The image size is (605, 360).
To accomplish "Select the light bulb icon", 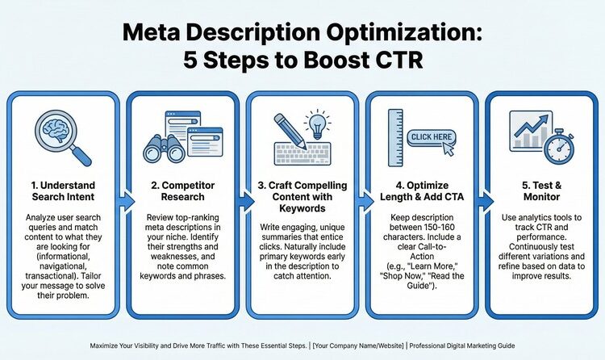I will pyautogui.click(x=319, y=127).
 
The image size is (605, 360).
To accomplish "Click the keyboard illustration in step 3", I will pyautogui.click(x=302, y=153).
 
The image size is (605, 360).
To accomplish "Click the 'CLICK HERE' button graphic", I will pyautogui.click(x=432, y=137).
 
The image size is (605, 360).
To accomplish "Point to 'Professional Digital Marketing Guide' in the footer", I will pyautogui.click(x=463, y=345).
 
